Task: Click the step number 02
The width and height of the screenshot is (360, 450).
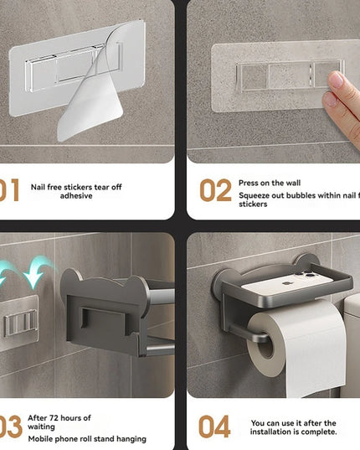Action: click(214, 190)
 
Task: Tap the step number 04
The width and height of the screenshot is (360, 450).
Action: click(214, 427)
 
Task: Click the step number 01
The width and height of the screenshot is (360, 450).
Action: click(9, 190)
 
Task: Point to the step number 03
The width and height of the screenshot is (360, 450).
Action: click(10, 427)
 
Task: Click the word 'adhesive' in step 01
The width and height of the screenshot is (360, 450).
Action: click(76, 195)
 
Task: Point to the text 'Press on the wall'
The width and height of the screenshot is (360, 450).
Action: click(269, 182)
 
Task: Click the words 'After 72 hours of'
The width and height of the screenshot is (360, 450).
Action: click(61, 417)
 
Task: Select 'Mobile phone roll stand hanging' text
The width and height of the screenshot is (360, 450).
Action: click(87, 438)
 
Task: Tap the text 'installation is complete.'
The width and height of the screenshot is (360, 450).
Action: click(294, 432)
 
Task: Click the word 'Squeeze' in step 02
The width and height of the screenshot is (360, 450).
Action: click(255, 195)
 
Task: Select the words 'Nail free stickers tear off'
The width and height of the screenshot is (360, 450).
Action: click(76, 186)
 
